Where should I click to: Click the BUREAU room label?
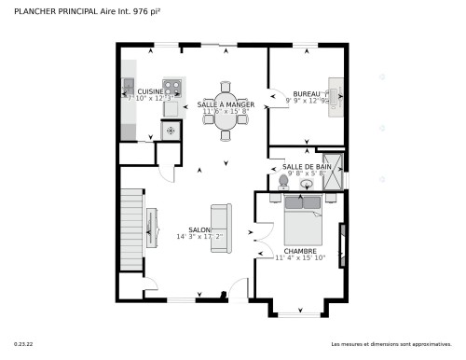tap(307, 94)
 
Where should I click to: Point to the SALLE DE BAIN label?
tap(307, 166)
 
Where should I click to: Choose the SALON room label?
tap(199, 229)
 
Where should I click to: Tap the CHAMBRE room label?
tap(301, 251)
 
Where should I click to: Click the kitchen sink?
tap(129, 89)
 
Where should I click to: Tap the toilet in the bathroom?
tap(284, 180)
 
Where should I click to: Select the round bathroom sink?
tap(306, 184)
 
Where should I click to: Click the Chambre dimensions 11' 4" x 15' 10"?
tap(301, 258)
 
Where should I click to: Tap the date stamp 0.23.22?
tap(22, 345)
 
